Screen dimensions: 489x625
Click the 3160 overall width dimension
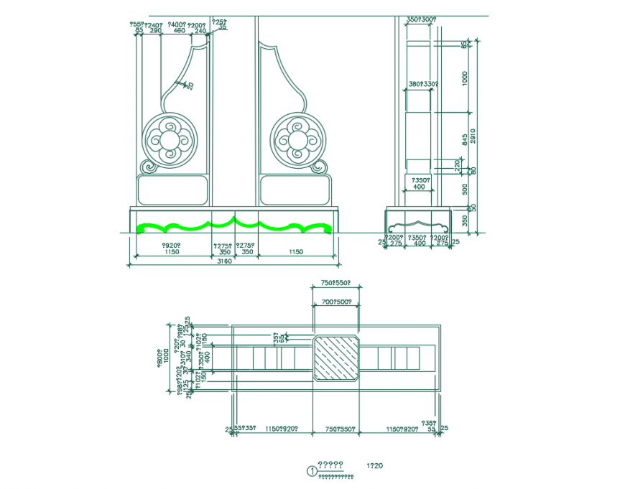225,261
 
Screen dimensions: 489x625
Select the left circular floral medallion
170,139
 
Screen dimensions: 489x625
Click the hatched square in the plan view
335,357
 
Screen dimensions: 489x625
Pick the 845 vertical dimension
465,138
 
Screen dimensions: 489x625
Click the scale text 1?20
374,466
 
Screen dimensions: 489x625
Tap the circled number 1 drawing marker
311,471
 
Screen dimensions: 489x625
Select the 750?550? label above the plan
335,284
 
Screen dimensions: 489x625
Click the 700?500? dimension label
335,302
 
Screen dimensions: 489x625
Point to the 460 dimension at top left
179,31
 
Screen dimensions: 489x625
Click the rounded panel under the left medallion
172,190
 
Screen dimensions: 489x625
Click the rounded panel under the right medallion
295,190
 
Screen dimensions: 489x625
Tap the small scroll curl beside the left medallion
149,167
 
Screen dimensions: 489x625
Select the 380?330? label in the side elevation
423,84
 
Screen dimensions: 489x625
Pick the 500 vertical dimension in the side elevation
465,188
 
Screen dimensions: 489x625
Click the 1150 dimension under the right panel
295,252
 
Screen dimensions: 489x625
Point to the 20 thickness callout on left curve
190,85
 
